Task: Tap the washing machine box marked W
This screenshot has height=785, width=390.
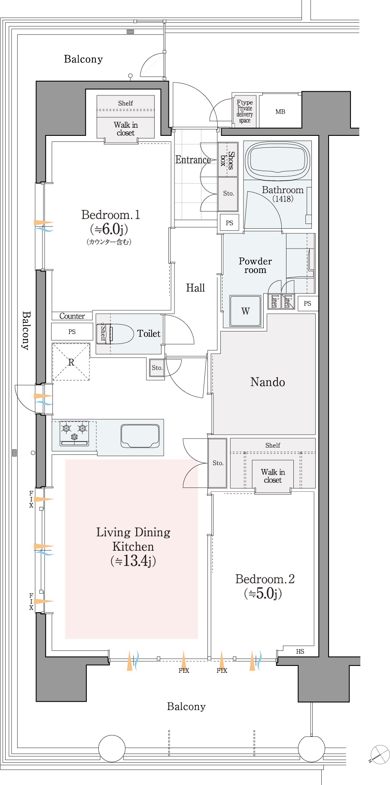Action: coord(245,311)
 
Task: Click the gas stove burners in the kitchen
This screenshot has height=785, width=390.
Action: coord(74,433)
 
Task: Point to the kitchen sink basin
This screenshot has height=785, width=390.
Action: coord(140,436)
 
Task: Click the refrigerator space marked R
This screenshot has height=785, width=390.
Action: coord(71,362)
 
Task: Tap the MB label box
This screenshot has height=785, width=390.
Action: coord(280,111)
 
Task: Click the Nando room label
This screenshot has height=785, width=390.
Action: coord(268,382)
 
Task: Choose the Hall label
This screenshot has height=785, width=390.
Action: coord(195,288)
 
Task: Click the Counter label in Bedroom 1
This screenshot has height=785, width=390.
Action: coord(72,316)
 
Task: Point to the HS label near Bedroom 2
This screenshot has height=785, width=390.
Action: coord(300,651)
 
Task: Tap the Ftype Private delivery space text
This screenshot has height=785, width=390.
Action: coord(245,111)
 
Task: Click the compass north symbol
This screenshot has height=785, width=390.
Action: coord(379,754)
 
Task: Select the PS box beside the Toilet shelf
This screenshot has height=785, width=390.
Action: coord(72,331)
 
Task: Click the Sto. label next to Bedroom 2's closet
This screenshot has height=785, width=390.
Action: coord(218,463)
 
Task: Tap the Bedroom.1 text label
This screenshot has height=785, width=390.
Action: coord(111,215)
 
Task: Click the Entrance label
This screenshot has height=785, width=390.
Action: coord(193,159)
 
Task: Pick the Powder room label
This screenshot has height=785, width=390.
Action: coord(255,265)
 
